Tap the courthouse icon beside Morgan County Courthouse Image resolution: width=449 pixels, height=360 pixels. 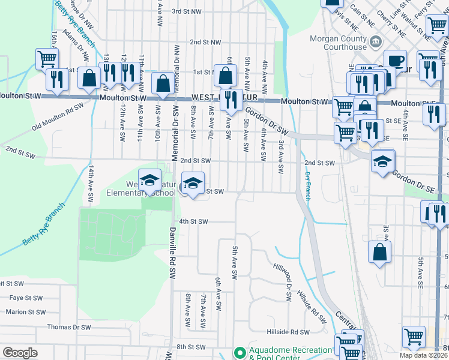(x=376, y=42)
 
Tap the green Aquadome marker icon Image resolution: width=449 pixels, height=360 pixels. (x=240, y=352)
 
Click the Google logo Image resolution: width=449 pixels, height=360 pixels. (x=20, y=353)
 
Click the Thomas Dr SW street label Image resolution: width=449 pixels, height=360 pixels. (x=69, y=327)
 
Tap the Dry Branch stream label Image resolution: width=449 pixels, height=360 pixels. (x=307, y=186)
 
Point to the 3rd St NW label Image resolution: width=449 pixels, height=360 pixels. (x=187, y=11)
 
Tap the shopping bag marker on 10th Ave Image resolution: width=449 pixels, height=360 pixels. (x=163, y=83)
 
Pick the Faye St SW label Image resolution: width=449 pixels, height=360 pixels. (x=26, y=298)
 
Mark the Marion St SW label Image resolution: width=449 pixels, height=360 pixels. (x=25, y=312)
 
